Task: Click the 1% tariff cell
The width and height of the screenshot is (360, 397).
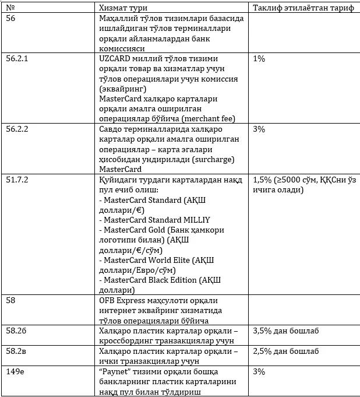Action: (x=259, y=59)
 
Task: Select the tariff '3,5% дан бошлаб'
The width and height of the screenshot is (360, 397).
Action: (x=285, y=331)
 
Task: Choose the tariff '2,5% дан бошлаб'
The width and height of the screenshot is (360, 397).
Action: (x=285, y=351)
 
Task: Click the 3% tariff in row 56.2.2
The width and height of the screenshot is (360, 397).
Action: (x=259, y=129)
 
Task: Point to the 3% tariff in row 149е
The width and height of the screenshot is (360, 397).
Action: (x=259, y=371)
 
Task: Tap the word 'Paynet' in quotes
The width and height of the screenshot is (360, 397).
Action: (x=118, y=371)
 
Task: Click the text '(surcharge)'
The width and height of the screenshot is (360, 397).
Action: (x=217, y=159)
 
